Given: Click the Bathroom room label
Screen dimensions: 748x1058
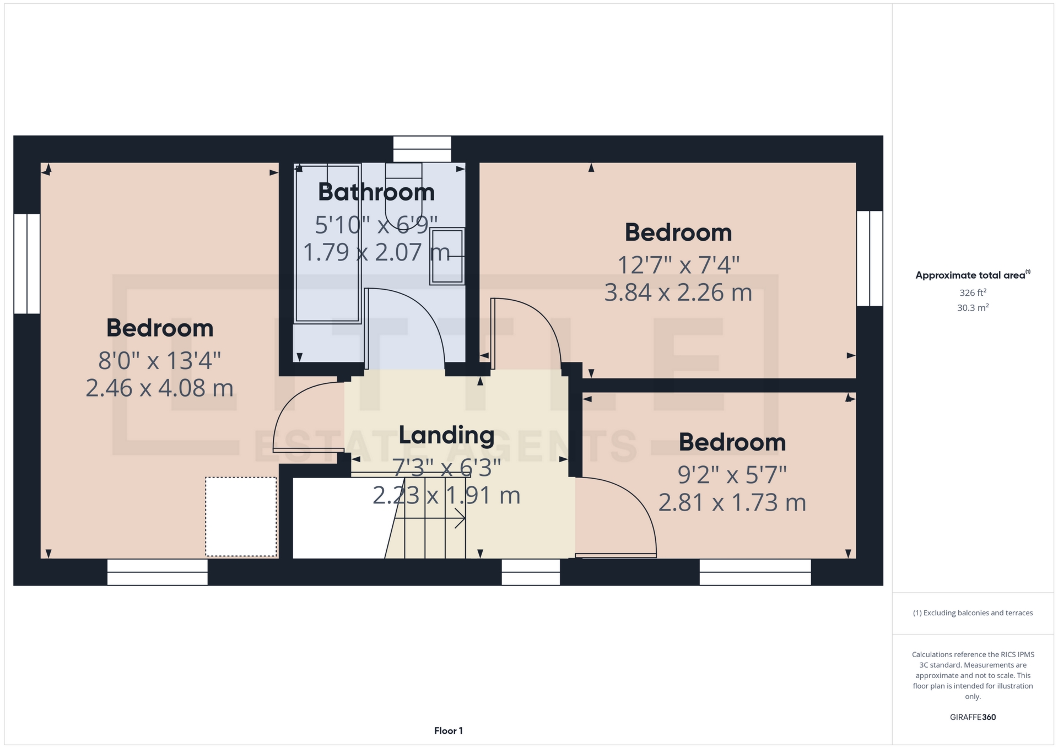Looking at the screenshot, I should (376, 192).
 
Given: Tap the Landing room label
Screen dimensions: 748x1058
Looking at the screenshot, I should (446, 435).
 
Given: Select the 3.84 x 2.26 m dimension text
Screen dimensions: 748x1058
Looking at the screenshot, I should (678, 292).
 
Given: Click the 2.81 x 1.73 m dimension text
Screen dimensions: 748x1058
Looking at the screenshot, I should (732, 502).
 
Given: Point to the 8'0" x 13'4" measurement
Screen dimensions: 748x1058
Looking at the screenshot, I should (159, 361).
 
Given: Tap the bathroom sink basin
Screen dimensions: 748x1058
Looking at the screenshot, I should (447, 256).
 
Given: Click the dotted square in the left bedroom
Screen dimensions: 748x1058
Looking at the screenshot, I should (241, 517).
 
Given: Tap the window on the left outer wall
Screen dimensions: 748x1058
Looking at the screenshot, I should (27, 263).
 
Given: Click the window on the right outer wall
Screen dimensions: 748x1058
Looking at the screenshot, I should (870, 258).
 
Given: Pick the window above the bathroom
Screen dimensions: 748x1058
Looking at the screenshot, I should (422, 149).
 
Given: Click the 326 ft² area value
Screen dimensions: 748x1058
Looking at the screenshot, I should (973, 292).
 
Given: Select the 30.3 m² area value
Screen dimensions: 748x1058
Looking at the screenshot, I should (973, 307).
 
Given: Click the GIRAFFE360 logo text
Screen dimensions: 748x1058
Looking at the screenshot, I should (973, 717).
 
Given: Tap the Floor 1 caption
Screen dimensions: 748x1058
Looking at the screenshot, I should (448, 731).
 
